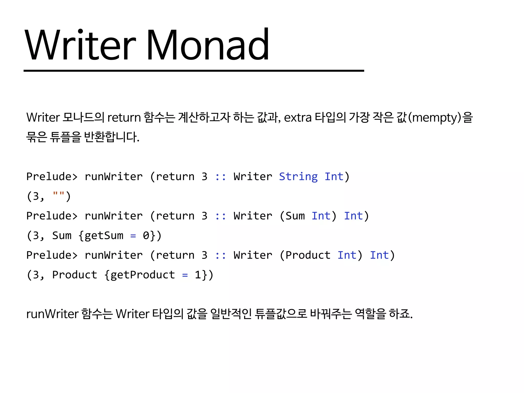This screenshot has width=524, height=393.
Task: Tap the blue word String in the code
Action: [x=298, y=177]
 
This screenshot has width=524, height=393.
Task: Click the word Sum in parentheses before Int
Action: [x=295, y=216]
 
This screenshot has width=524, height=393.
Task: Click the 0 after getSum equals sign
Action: [x=146, y=235]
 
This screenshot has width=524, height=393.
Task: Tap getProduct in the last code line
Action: [x=143, y=275]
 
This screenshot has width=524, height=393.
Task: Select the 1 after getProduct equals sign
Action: [x=198, y=275]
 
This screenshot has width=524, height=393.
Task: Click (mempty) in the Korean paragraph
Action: [x=435, y=118]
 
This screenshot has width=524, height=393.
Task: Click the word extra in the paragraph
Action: [x=298, y=118]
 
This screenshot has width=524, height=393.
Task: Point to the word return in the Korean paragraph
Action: [x=124, y=118]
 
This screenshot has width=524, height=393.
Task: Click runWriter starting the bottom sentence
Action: [x=52, y=314]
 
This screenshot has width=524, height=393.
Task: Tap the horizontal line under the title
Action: [x=194, y=71]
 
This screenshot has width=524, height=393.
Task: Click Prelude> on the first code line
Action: [x=52, y=177]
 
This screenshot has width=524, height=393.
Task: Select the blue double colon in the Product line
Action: [x=220, y=255]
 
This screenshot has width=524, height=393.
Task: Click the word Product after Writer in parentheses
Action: [x=308, y=255]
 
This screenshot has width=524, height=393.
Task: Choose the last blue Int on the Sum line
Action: [x=353, y=216]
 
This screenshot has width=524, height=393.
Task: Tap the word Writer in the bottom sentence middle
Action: [x=133, y=314]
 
